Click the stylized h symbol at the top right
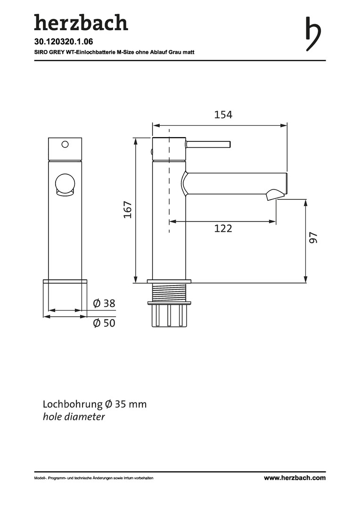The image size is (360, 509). (313, 33)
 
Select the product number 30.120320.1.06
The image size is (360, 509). (64, 41)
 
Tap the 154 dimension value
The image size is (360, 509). (223, 115)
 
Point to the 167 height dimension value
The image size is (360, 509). (128, 210)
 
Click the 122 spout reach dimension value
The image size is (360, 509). (223, 229)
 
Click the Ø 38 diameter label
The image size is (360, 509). (104, 304)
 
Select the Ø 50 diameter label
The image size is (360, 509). (104, 323)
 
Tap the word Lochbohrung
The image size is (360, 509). (73, 404)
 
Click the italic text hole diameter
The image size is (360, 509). (74, 417)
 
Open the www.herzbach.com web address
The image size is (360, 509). (295, 478)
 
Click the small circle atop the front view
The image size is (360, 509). (65, 144)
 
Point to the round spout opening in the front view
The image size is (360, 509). (65, 184)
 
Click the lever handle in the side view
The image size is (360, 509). (208, 144)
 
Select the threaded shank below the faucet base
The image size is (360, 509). (169, 292)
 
